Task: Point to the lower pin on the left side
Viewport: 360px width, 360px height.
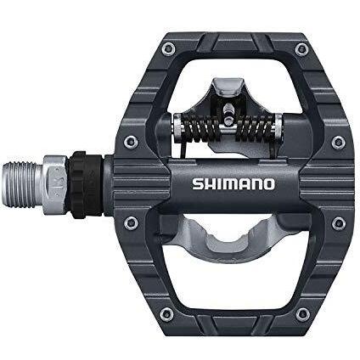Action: [x=131, y=222]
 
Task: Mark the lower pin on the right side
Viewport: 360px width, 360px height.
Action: [x=338, y=222]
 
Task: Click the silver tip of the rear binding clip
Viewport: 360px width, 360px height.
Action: [x=225, y=86]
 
